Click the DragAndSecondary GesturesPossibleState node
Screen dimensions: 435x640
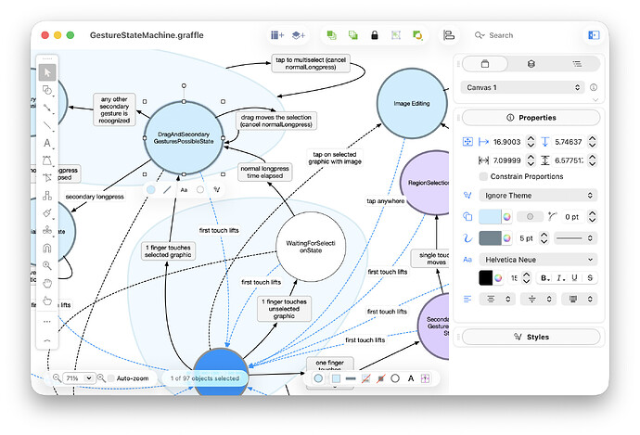(x=184, y=135)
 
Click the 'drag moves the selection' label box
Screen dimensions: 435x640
(x=276, y=120)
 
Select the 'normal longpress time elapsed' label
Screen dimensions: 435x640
(x=265, y=173)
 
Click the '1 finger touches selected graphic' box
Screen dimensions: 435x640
(x=168, y=250)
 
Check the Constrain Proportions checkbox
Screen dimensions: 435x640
(x=483, y=176)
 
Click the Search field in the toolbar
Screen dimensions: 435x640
(x=519, y=35)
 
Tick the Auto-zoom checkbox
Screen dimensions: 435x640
(x=110, y=378)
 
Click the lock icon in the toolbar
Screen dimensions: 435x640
(x=375, y=35)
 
